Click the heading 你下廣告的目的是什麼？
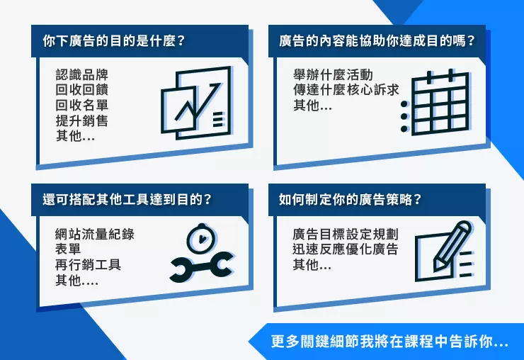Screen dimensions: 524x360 [x=114, y=41]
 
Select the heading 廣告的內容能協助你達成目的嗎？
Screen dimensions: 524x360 [x=377, y=41]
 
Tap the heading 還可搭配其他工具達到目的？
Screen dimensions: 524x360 [x=127, y=199]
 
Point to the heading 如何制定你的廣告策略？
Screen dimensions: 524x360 [x=351, y=199]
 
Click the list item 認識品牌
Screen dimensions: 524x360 [x=82, y=74]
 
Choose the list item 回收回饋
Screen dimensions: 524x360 [x=82, y=90]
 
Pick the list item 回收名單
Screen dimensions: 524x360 [x=82, y=105]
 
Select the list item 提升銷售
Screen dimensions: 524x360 [x=82, y=120]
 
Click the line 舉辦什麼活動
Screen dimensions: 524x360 [x=333, y=74]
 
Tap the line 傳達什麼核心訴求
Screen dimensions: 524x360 [x=346, y=90]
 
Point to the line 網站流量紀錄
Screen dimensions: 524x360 [x=95, y=234]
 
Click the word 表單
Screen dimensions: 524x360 [x=68, y=249]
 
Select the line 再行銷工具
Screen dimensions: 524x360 [x=89, y=264]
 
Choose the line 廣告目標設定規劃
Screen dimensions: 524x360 [x=346, y=234]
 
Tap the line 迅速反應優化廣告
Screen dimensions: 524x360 [x=346, y=249]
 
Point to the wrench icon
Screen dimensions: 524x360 [x=202, y=267]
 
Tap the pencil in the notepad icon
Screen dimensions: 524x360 [x=452, y=246]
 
